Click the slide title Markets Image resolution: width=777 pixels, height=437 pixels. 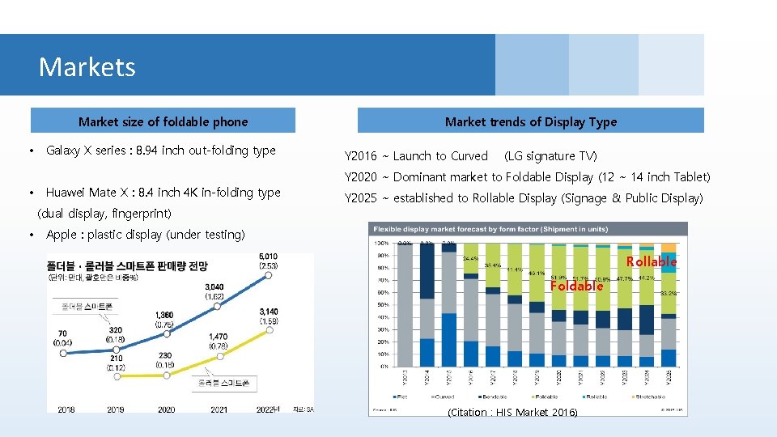point(87,66)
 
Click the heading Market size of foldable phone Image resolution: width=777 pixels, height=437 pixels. point(163,122)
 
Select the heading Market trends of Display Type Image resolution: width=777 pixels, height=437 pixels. point(530,122)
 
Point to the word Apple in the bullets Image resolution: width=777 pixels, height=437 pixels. point(62,235)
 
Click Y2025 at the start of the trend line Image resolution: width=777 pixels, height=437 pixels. point(360,198)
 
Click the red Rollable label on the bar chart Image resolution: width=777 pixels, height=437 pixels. point(651,262)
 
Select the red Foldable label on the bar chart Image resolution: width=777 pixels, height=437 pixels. point(576,286)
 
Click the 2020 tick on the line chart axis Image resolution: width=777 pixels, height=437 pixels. point(166,409)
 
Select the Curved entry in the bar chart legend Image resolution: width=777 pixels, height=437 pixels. point(443,397)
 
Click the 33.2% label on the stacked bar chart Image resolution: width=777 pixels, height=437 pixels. point(669,294)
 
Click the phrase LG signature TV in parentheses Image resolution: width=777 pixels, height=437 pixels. point(550,156)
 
